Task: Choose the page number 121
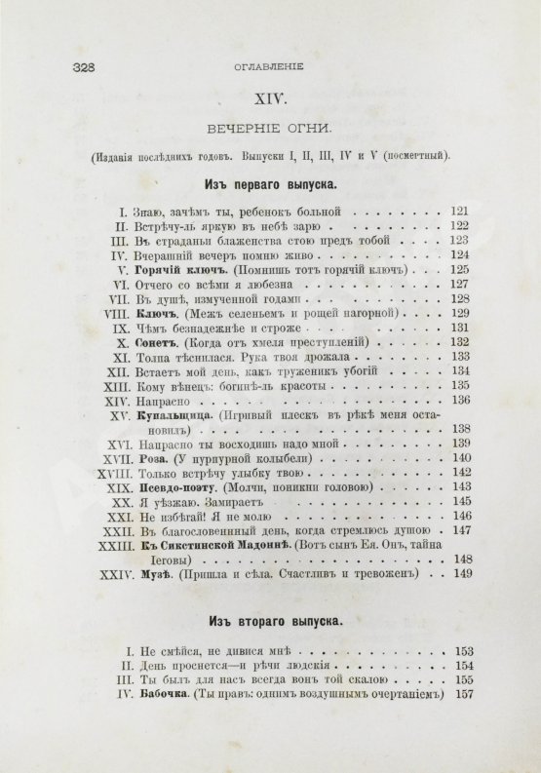(461, 211)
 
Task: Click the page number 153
(461, 649)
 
